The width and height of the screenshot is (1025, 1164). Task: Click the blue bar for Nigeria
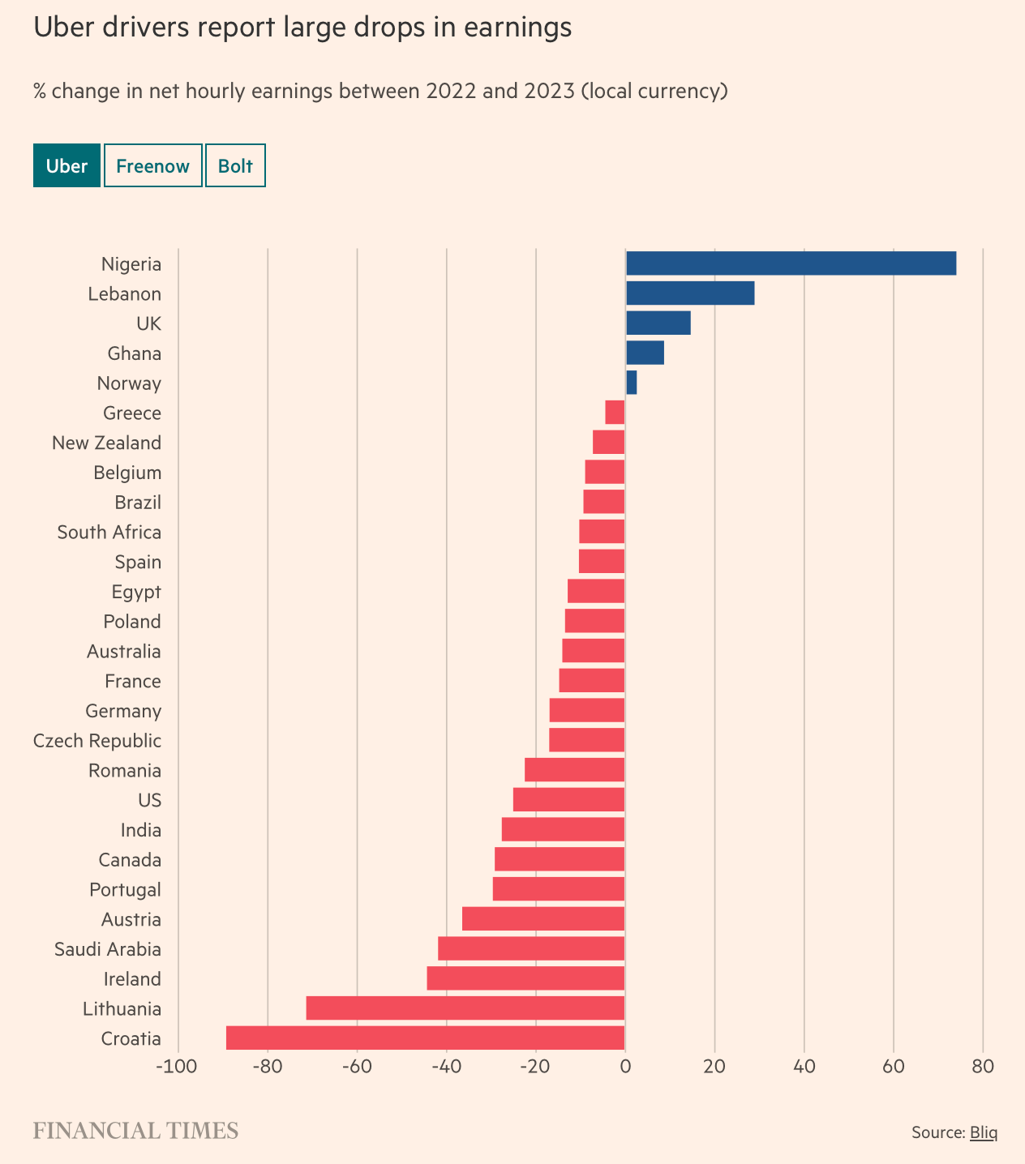[791, 263]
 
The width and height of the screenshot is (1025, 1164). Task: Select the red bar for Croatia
[426, 1038]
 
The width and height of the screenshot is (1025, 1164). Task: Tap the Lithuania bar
[465, 1008]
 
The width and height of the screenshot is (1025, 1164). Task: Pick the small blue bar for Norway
[632, 383]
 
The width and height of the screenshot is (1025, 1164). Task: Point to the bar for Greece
[615, 413]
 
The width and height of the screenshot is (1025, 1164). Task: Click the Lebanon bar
[690, 293]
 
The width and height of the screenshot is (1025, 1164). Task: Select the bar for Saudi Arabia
[531, 948]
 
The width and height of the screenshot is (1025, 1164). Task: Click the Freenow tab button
[152, 165]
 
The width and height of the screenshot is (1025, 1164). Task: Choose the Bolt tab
[235, 165]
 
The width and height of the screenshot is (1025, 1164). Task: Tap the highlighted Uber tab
[66, 165]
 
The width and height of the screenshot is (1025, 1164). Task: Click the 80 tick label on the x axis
[983, 1065]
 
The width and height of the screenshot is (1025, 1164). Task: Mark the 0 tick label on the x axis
[625, 1065]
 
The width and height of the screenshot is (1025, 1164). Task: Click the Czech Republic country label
[97, 741]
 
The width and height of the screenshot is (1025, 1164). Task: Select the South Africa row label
[109, 533]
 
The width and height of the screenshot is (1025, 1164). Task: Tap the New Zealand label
[106, 443]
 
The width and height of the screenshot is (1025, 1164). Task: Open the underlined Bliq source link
[984, 1132]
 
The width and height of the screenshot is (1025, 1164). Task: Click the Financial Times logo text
[135, 1131]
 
